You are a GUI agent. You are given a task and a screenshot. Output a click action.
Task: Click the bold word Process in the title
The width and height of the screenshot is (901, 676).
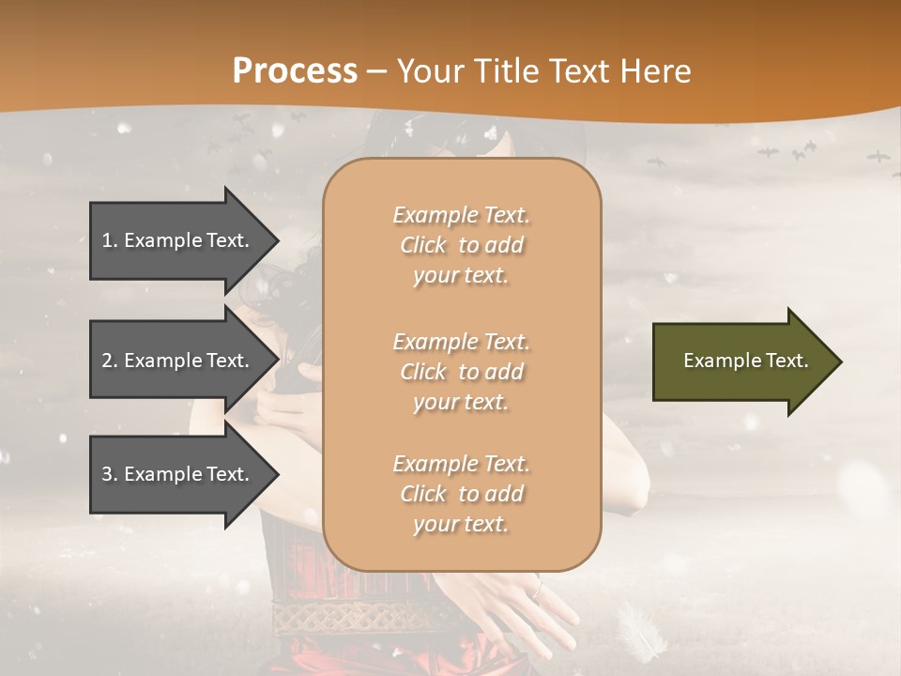[295, 71]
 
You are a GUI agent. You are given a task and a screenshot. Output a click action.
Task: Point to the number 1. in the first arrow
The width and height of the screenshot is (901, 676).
[110, 240]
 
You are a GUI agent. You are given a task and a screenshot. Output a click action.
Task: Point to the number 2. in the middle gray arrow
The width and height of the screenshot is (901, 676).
[110, 361]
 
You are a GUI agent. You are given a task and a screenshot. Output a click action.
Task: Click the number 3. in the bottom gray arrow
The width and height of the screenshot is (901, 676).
[110, 474]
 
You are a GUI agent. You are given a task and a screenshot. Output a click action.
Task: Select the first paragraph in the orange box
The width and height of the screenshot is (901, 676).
[461, 245]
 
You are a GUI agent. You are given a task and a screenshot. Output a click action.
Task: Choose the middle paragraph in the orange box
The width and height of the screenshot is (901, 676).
[461, 372]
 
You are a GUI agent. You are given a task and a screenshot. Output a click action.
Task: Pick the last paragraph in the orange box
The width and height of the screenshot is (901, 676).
[461, 494]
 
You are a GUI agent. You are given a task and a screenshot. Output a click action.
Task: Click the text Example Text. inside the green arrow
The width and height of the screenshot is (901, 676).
[746, 361]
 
